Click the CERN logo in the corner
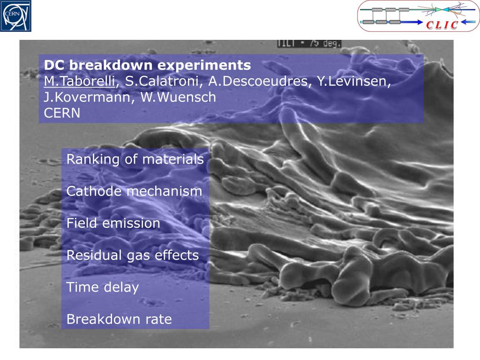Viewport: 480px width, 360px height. click(x=15, y=16)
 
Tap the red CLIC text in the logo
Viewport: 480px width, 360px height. click(x=442, y=25)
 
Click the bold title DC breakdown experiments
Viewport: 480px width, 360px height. click(x=147, y=65)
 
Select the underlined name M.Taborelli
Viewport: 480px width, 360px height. click(x=80, y=81)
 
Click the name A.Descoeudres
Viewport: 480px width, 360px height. click(x=258, y=81)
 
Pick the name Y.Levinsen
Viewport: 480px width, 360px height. click(x=353, y=81)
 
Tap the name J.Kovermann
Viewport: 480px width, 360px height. click(x=87, y=97)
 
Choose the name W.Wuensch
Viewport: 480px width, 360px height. click(x=178, y=97)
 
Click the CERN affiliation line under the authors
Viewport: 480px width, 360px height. click(x=62, y=113)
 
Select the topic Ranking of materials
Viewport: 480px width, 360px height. click(x=135, y=159)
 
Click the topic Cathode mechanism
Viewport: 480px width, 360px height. click(x=134, y=191)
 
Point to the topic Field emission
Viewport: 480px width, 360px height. click(x=113, y=223)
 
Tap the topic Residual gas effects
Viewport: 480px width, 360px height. click(x=133, y=255)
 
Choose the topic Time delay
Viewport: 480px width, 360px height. click(x=103, y=287)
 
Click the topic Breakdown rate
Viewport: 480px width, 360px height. click(x=119, y=319)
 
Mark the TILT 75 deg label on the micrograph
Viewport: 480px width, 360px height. click(x=309, y=43)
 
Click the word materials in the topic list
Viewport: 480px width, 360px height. click(x=173, y=159)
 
